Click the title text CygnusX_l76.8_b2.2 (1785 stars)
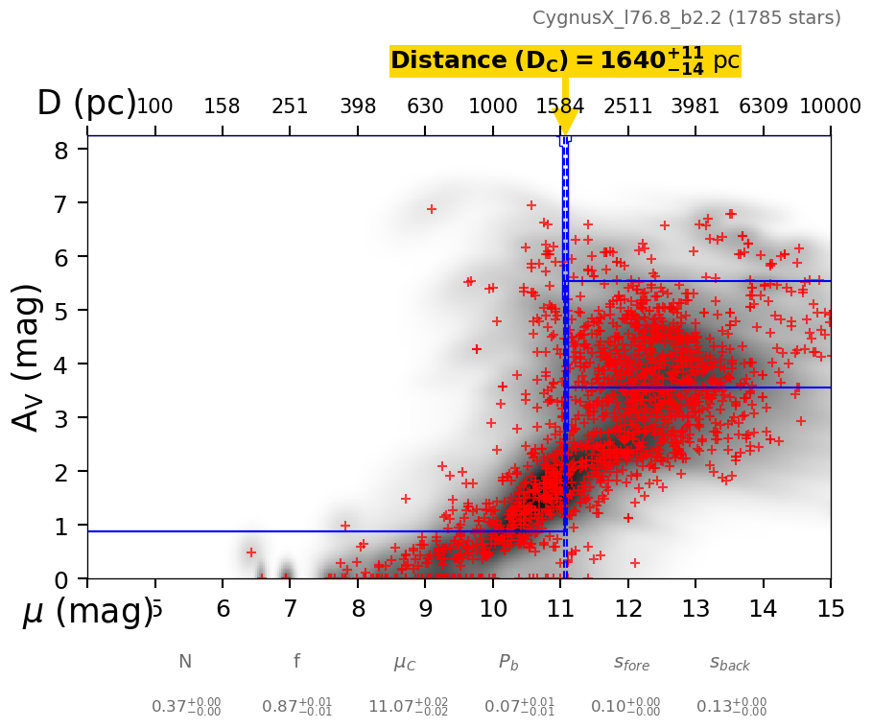click(686, 18)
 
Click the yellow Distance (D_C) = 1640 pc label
click(565, 61)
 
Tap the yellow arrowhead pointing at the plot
click(565, 122)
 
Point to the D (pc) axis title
click(86, 104)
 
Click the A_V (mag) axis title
click(28, 357)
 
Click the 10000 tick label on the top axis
click(830, 106)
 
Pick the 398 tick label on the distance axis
click(358, 106)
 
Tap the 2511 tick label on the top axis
click(627, 106)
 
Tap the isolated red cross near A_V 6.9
click(432, 209)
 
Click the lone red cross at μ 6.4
click(251, 552)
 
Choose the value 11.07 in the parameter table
click(408, 707)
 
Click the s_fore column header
click(631, 663)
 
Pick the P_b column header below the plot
click(508, 663)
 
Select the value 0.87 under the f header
click(296, 707)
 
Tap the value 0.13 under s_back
click(731, 707)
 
